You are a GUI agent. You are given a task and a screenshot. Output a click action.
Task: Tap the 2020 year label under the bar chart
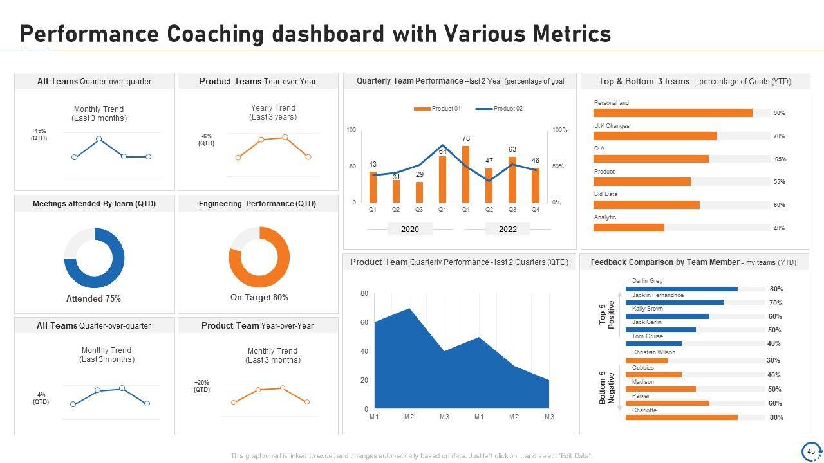tap(410, 229)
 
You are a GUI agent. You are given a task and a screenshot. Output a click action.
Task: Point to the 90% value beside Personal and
tap(779, 113)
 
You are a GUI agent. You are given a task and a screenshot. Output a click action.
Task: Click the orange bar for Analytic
tap(628, 228)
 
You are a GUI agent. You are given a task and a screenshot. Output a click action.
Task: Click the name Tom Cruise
tap(647, 336)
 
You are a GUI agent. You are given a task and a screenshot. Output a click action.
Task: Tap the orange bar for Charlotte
tap(681, 417)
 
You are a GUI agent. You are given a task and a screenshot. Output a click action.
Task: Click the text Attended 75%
tap(93, 298)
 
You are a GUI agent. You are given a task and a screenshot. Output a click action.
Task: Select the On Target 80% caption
tap(259, 297)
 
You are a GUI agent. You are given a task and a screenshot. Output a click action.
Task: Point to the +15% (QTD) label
tap(39, 134)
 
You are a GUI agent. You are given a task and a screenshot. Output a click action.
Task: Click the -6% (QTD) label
tap(206, 140)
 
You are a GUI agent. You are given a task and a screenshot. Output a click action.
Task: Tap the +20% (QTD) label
tap(201, 386)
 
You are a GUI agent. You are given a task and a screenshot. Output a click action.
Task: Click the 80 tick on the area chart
tap(364, 294)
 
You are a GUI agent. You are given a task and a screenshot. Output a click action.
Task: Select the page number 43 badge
tap(810, 451)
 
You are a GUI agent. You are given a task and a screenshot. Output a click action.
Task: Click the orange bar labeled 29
tap(419, 192)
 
